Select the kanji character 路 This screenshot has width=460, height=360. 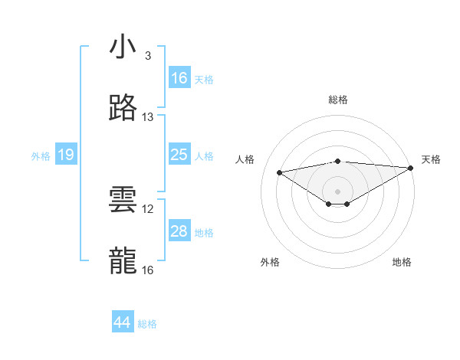[x=123, y=109]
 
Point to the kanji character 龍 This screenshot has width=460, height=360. [x=123, y=261]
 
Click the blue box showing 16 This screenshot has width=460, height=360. [x=179, y=78]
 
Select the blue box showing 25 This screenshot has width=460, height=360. [x=179, y=155]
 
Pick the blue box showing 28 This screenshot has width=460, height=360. [x=179, y=231]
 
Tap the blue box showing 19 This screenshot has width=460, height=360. [x=66, y=155]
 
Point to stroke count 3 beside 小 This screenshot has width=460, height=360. [x=147, y=56]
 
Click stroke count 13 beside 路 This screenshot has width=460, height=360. [x=148, y=117]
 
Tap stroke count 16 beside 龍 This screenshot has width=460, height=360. [x=148, y=270]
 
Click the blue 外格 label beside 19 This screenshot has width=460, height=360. [x=41, y=155]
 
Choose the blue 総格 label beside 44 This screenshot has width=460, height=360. [x=147, y=324]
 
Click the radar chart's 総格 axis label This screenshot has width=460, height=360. [x=338, y=100]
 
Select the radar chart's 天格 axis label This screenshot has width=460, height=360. [x=431, y=159]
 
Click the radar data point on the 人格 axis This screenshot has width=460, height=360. [x=279, y=172]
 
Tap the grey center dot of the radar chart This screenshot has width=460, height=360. [x=337, y=191]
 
